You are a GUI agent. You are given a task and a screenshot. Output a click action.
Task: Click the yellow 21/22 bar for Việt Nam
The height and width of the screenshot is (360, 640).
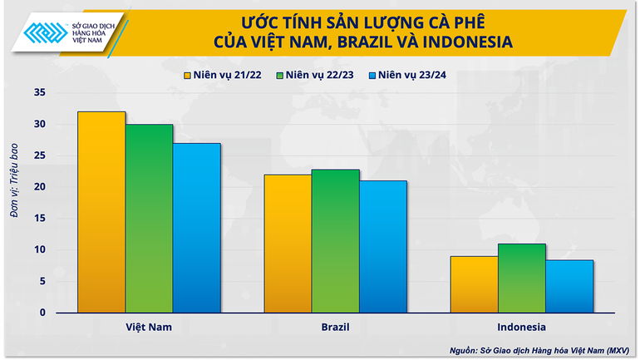point(102,212)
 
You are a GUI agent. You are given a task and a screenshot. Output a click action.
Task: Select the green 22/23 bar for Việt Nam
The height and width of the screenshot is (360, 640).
point(150,218)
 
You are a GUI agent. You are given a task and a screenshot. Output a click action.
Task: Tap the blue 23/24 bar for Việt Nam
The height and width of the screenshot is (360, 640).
point(197,228)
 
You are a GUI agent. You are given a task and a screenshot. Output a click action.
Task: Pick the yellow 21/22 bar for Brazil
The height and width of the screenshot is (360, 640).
point(288,244)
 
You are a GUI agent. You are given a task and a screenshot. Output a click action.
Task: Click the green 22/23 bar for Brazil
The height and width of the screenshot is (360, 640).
point(336,241)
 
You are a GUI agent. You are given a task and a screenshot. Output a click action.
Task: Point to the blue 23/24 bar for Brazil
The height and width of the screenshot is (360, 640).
point(383,247)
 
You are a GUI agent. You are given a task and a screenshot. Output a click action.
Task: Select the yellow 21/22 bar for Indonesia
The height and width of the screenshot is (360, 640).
point(475,284)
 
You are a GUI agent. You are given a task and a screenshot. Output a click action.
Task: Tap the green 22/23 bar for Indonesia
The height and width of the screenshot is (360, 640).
point(522,278)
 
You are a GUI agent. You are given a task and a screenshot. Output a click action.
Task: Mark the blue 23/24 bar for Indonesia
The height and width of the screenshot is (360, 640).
point(569,286)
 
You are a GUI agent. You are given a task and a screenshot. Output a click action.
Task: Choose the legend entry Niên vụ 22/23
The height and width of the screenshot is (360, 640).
point(317,76)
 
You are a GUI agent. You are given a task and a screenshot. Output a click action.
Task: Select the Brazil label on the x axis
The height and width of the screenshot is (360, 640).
point(336,327)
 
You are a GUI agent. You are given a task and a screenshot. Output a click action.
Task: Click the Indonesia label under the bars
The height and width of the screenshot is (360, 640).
point(522,327)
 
